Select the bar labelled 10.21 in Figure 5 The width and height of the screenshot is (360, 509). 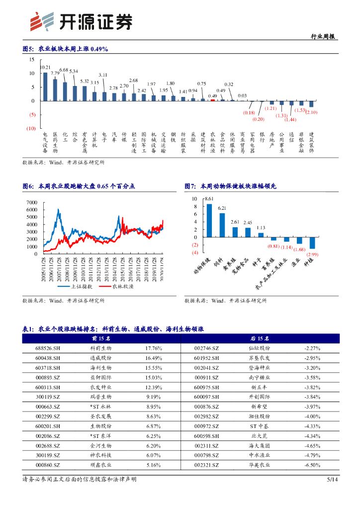45,86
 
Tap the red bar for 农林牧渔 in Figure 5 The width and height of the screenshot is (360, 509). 213,100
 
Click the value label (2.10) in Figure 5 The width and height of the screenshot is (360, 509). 312,113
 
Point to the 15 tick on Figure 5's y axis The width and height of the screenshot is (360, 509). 32,60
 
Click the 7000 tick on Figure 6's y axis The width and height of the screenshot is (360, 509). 31,202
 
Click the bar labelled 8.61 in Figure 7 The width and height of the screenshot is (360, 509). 209,221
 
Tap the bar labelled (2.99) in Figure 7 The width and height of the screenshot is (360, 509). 312,243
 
